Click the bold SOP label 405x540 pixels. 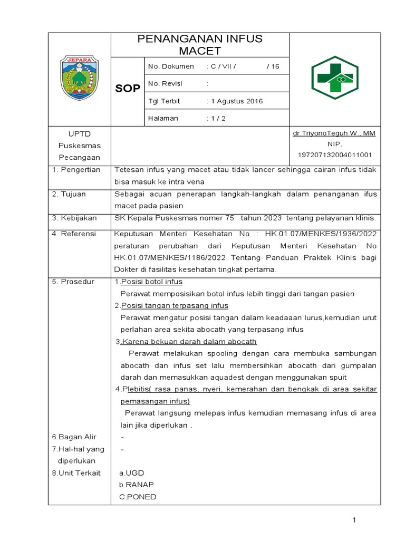pos(128,89)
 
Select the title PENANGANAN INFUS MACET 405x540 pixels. pos(200,45)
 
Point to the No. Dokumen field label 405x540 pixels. pos(169,66)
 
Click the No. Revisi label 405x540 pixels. pos(165,84)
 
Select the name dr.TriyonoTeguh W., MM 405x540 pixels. pos(334,134)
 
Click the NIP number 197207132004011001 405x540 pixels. pos(335,155)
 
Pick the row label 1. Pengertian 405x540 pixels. pos(76,170)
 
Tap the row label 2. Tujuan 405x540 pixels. pos(69,194)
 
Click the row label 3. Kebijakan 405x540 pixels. pos(74,218)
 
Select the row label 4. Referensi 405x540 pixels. pos(74,234)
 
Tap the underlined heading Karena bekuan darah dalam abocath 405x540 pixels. pos(189,342)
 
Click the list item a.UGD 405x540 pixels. pos(131,473)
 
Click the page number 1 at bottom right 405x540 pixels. pos(355,520)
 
